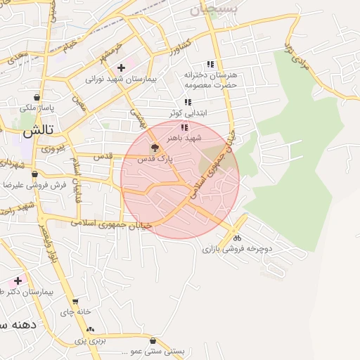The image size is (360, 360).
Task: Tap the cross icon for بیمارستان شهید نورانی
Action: click(122, 68)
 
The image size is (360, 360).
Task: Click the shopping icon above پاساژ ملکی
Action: click(37, 97)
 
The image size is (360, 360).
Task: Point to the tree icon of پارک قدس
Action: click(155, 148)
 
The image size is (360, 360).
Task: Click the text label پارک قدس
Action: click(155, 160)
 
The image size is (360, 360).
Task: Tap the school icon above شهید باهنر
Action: click(184, 127)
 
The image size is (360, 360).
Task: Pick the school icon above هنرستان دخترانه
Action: click(210, 64)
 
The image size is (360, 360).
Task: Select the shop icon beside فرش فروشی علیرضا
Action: click(34, 174)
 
